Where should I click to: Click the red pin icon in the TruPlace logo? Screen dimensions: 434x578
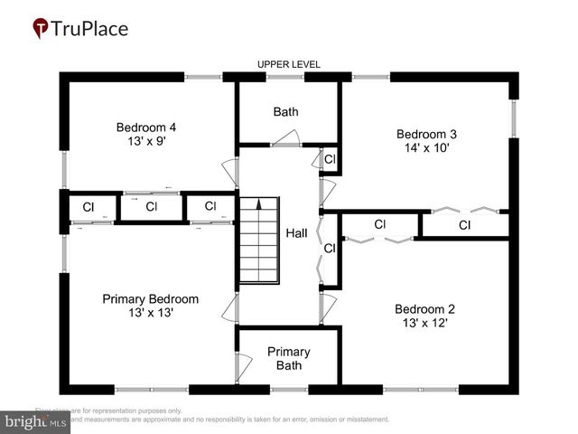(x=41, y=28)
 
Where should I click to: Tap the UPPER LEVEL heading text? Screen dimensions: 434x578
(x=289, y=64)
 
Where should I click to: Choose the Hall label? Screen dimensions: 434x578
(x=297, y=232)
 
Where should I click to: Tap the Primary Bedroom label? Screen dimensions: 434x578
(x=150, y=298)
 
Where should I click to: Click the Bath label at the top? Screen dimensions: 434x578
(x=285, y=112)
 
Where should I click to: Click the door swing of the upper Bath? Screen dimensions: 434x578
(x=287, y=137)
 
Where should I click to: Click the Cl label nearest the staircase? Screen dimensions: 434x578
(x=210, y=205)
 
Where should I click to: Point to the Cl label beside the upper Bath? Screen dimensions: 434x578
(x=330, y=159)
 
